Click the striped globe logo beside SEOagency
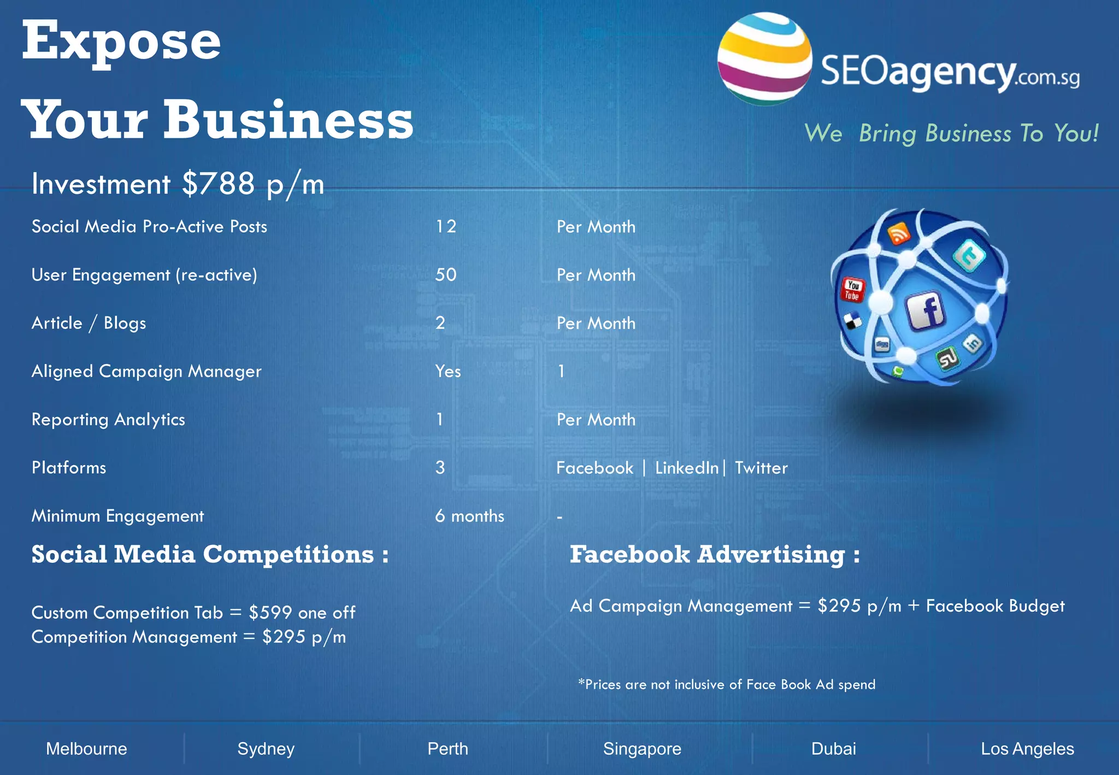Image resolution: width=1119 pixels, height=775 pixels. click(764, 59)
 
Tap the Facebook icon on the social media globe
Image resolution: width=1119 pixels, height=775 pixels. click(926, 310)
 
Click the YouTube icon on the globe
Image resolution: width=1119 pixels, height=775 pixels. click(852, 290)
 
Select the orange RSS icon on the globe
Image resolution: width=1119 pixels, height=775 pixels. click(899, 233)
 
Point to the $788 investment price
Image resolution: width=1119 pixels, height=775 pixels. click(219, 184)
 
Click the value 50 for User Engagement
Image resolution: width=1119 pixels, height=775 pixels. click(446, 275)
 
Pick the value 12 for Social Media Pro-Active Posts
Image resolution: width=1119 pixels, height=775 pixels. click(446, 227)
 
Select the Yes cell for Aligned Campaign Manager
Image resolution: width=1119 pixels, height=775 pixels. click(448, 372)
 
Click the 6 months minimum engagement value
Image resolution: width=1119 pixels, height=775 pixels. click(469, 516)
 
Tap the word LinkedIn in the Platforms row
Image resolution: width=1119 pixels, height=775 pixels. click(687, 468)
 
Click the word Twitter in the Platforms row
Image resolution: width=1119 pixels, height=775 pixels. click(761, 468)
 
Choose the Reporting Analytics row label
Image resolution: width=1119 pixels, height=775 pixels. click(108, 420)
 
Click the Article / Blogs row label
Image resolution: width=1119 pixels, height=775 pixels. click(89, 324)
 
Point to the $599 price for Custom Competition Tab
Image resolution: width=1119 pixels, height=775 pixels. click(270, 613)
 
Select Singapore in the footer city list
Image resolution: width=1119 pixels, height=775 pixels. click(642, 749)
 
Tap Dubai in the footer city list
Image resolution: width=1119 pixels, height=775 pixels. click(834, 749)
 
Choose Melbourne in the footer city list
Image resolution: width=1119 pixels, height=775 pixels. click(86, 749)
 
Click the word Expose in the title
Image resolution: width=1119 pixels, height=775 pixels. click(121, 42)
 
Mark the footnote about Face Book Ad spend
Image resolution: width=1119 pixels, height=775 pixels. click(727, 685)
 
